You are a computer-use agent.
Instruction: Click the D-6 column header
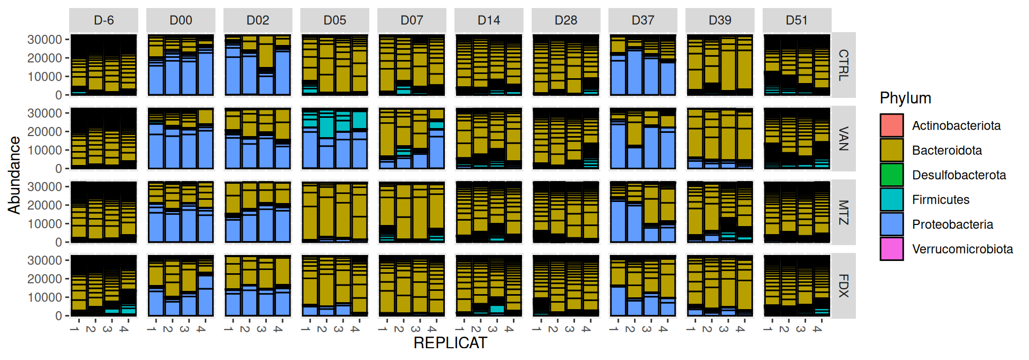(103, 20)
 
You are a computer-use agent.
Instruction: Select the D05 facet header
(335, 20)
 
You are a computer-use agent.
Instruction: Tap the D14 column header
(489, 20)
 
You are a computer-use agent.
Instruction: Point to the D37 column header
(643, 20)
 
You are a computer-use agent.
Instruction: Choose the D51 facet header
(797, 20)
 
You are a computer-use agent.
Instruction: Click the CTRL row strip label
(844, 65)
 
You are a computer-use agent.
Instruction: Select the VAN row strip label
(844, 139)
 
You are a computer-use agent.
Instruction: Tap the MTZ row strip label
(844, 212)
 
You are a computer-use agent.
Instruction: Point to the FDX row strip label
(844, 286)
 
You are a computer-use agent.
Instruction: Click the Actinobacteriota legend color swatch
(892, 125)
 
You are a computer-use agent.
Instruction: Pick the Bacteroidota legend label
(947, 151)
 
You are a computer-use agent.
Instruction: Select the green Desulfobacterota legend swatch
(892, 175)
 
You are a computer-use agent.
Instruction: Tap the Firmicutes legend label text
(941, 200)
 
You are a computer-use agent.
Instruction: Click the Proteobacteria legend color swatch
(892, 224)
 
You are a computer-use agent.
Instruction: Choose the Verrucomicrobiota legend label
(963, 249)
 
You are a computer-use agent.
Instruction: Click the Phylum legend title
(905, 98)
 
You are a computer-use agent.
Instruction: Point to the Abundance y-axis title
(14, 175)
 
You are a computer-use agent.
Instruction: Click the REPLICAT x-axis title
(450, 343)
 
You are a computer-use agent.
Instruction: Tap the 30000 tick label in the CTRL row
(45, 40)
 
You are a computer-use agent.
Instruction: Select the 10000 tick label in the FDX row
(45, 297)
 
